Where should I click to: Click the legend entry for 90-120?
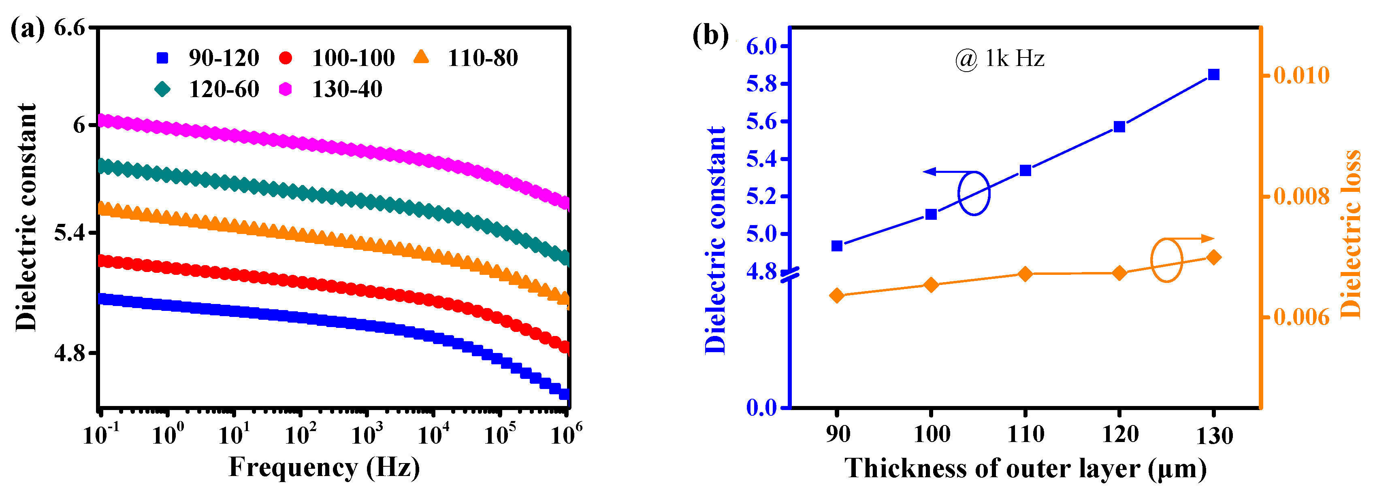tap(208, 58)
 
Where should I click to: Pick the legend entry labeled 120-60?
tap(208, 89)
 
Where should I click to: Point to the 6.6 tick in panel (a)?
tap(70, 28)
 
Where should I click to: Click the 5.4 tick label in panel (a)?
tap(70, 233)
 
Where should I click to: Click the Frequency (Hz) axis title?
tap(324, 468)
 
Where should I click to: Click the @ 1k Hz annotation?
tap(999, 59)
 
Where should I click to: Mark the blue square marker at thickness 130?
tap(1214, 74)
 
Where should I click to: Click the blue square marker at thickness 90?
tap(837, 246)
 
